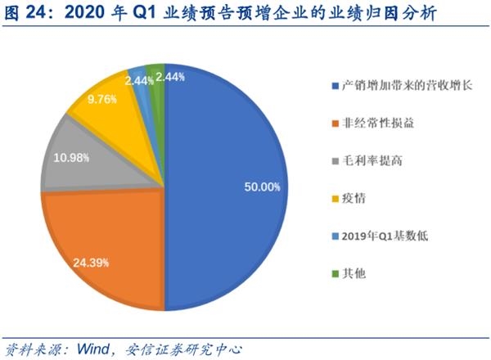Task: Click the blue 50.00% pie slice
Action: tap(237, 164)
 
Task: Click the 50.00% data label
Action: tap(262, 187)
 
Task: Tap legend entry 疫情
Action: tap(354, 198)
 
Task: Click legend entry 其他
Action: tap(354, 273)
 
